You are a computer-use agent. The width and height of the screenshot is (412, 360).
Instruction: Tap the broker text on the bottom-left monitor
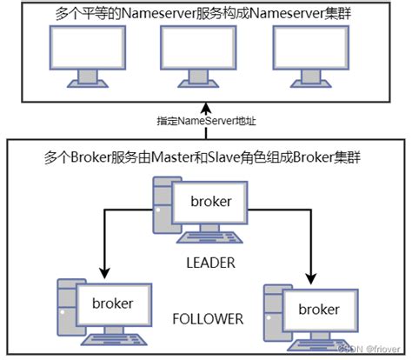[x=112, y=303]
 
